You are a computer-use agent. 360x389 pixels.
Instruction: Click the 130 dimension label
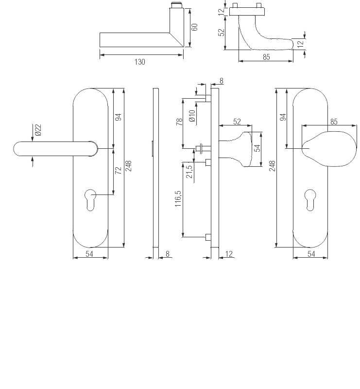tap(139, 62)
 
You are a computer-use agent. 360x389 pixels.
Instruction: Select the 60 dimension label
tap(195, 27)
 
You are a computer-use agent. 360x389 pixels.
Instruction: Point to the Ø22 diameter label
tap(38, 130)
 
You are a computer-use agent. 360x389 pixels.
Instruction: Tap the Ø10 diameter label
tap(192, 116)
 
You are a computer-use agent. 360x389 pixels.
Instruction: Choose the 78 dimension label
tap(179, 122)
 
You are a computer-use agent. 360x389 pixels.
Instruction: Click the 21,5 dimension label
tap(189, 172)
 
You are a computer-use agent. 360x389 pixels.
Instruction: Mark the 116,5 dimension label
tap(178, 199)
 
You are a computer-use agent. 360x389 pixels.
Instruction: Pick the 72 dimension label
tap(118, 170)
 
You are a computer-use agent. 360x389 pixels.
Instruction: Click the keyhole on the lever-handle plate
tap(90, 200)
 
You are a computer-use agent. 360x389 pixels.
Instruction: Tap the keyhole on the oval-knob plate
tap(310, 200)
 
